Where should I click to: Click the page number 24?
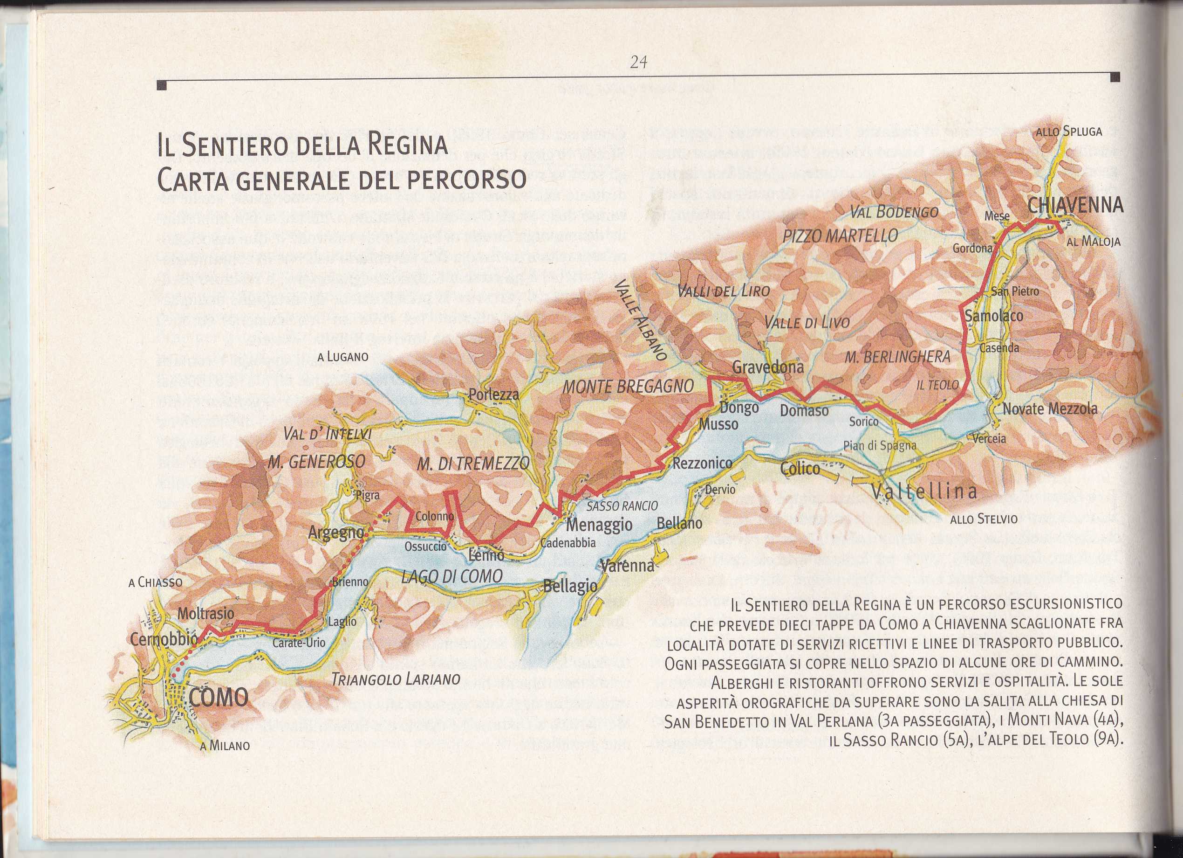638,62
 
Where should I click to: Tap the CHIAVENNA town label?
1075,206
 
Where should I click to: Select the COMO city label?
218,697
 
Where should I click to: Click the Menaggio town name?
599,525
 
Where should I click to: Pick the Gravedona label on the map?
768,367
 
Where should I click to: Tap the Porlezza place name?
493,394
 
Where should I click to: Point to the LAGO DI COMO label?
451,576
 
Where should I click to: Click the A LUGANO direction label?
343,358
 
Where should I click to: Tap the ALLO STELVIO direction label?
984,519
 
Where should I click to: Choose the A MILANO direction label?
224,746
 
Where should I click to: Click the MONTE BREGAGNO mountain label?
628,387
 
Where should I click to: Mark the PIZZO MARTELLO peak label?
840,236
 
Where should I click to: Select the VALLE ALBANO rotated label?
641,320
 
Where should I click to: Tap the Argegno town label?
336,533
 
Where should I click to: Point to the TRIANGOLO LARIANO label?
396,679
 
